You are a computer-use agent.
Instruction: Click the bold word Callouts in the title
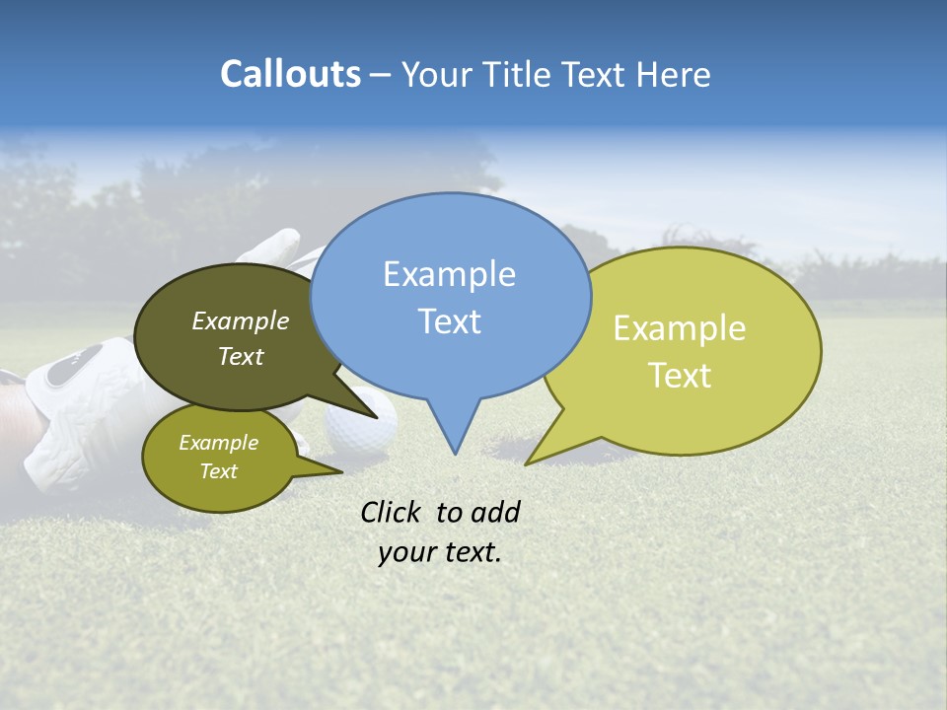click(290, 74)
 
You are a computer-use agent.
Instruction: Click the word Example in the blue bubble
click(449, 274)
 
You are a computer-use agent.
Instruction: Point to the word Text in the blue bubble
click(449, 321)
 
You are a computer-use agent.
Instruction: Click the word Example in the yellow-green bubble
click(680, 328)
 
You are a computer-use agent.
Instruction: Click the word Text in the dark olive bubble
click(241, 357)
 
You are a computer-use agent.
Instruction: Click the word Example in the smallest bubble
click(218, 443)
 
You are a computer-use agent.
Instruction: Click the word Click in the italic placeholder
click(394, 512)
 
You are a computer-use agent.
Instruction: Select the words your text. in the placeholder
click(440, 553)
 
